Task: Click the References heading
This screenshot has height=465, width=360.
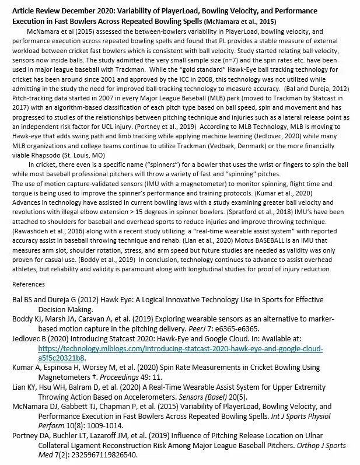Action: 29,284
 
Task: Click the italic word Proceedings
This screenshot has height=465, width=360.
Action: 106,377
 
